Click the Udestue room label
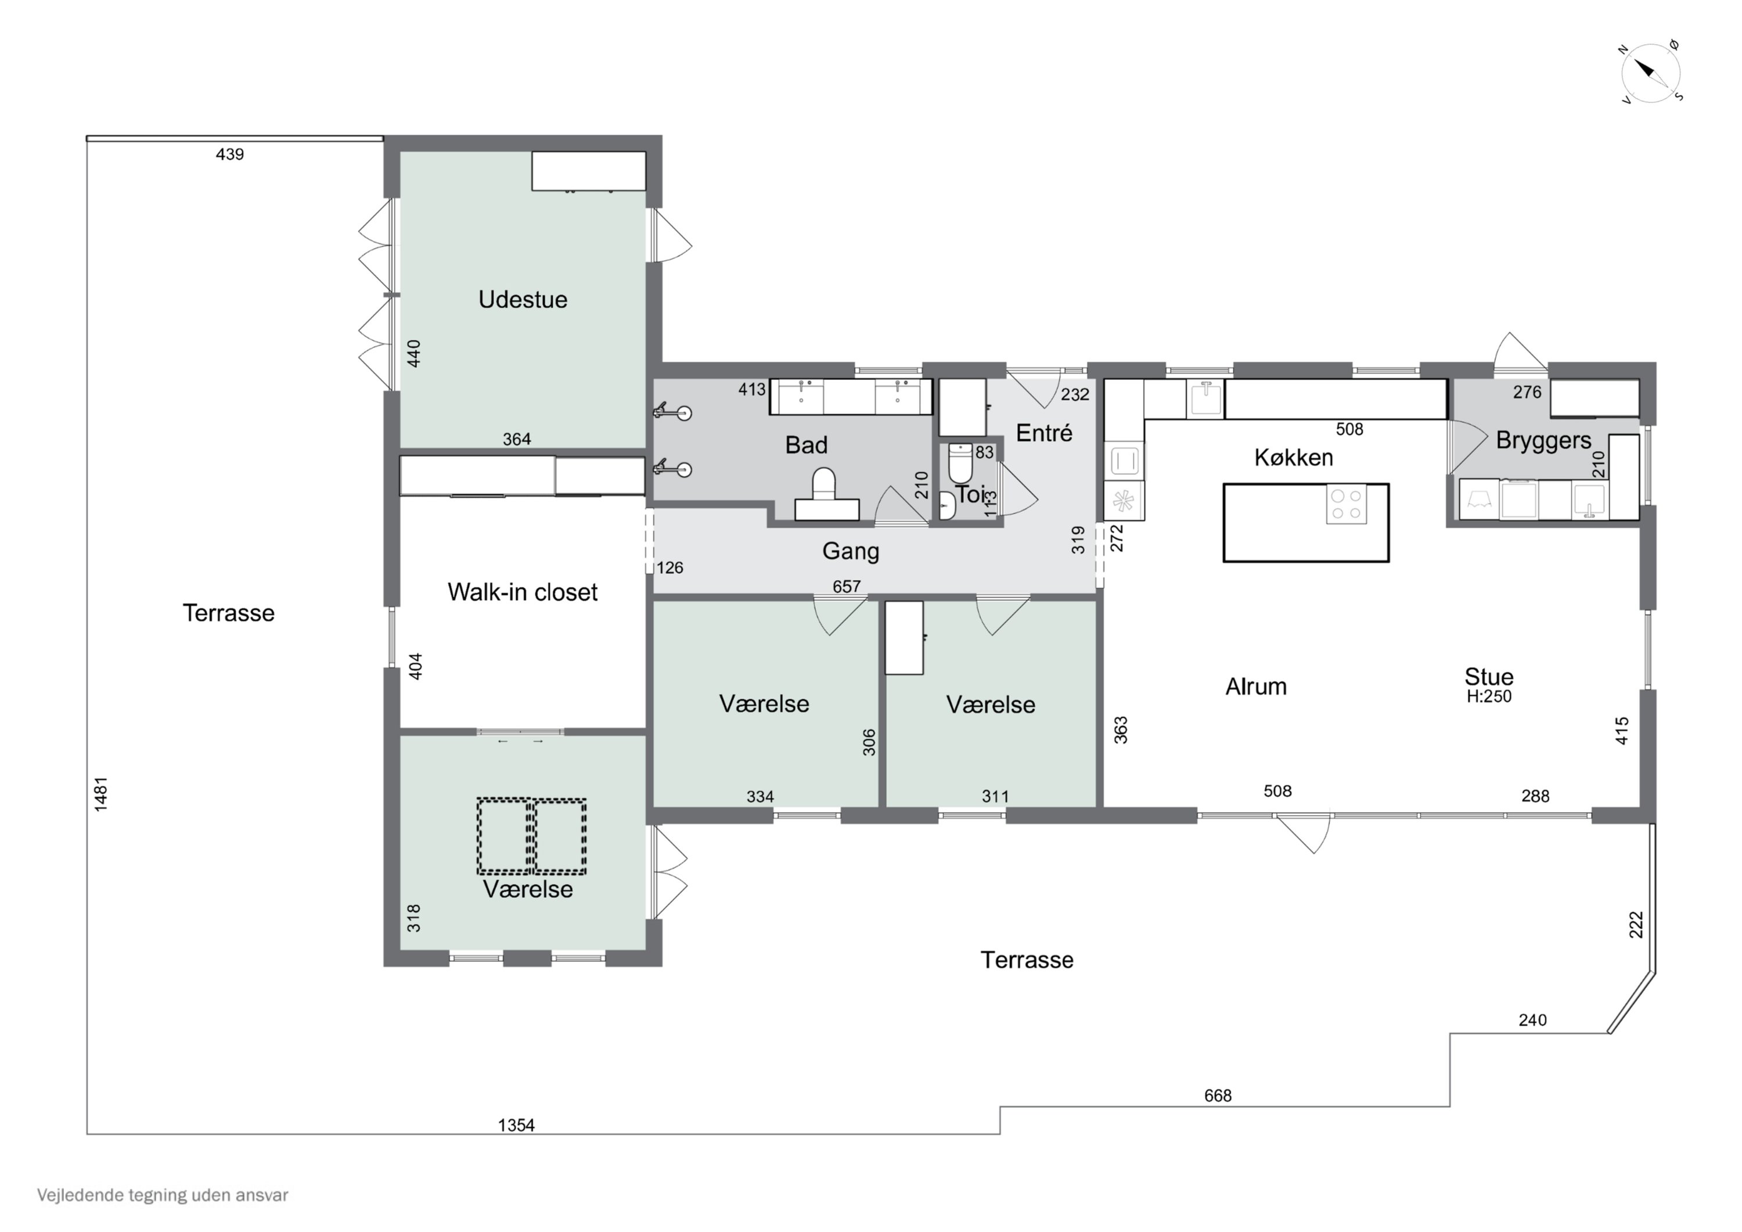point(523,300)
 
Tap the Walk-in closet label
point(523,592)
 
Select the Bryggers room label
point(1543,441)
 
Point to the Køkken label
point(1294,458)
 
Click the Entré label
point(1044,433)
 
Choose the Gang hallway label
point(851,552)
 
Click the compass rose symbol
point(1651,74)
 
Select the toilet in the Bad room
point(825,495)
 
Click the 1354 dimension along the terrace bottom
point(516,1125)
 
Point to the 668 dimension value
point(1218,1095)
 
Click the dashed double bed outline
point(531,836)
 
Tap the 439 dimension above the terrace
point(230,155)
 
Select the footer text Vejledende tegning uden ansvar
point(163,1195)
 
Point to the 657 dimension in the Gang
point(847,586)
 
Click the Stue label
point(1489,676)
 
